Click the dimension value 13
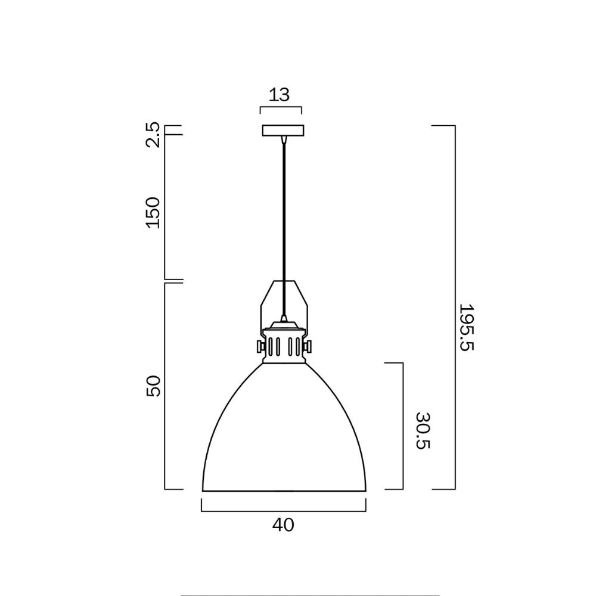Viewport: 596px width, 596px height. [x=280, y=95]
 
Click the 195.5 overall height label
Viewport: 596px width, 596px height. [x=465, y=327]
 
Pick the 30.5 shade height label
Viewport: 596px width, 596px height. [x=422, y=431]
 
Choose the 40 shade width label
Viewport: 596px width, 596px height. [x=283, y=525]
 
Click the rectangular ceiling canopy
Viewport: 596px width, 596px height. [x=283, y=131]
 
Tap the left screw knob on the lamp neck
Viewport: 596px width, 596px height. [x=260, y=346]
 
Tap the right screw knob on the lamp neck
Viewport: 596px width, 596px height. [x=308, y=346]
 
